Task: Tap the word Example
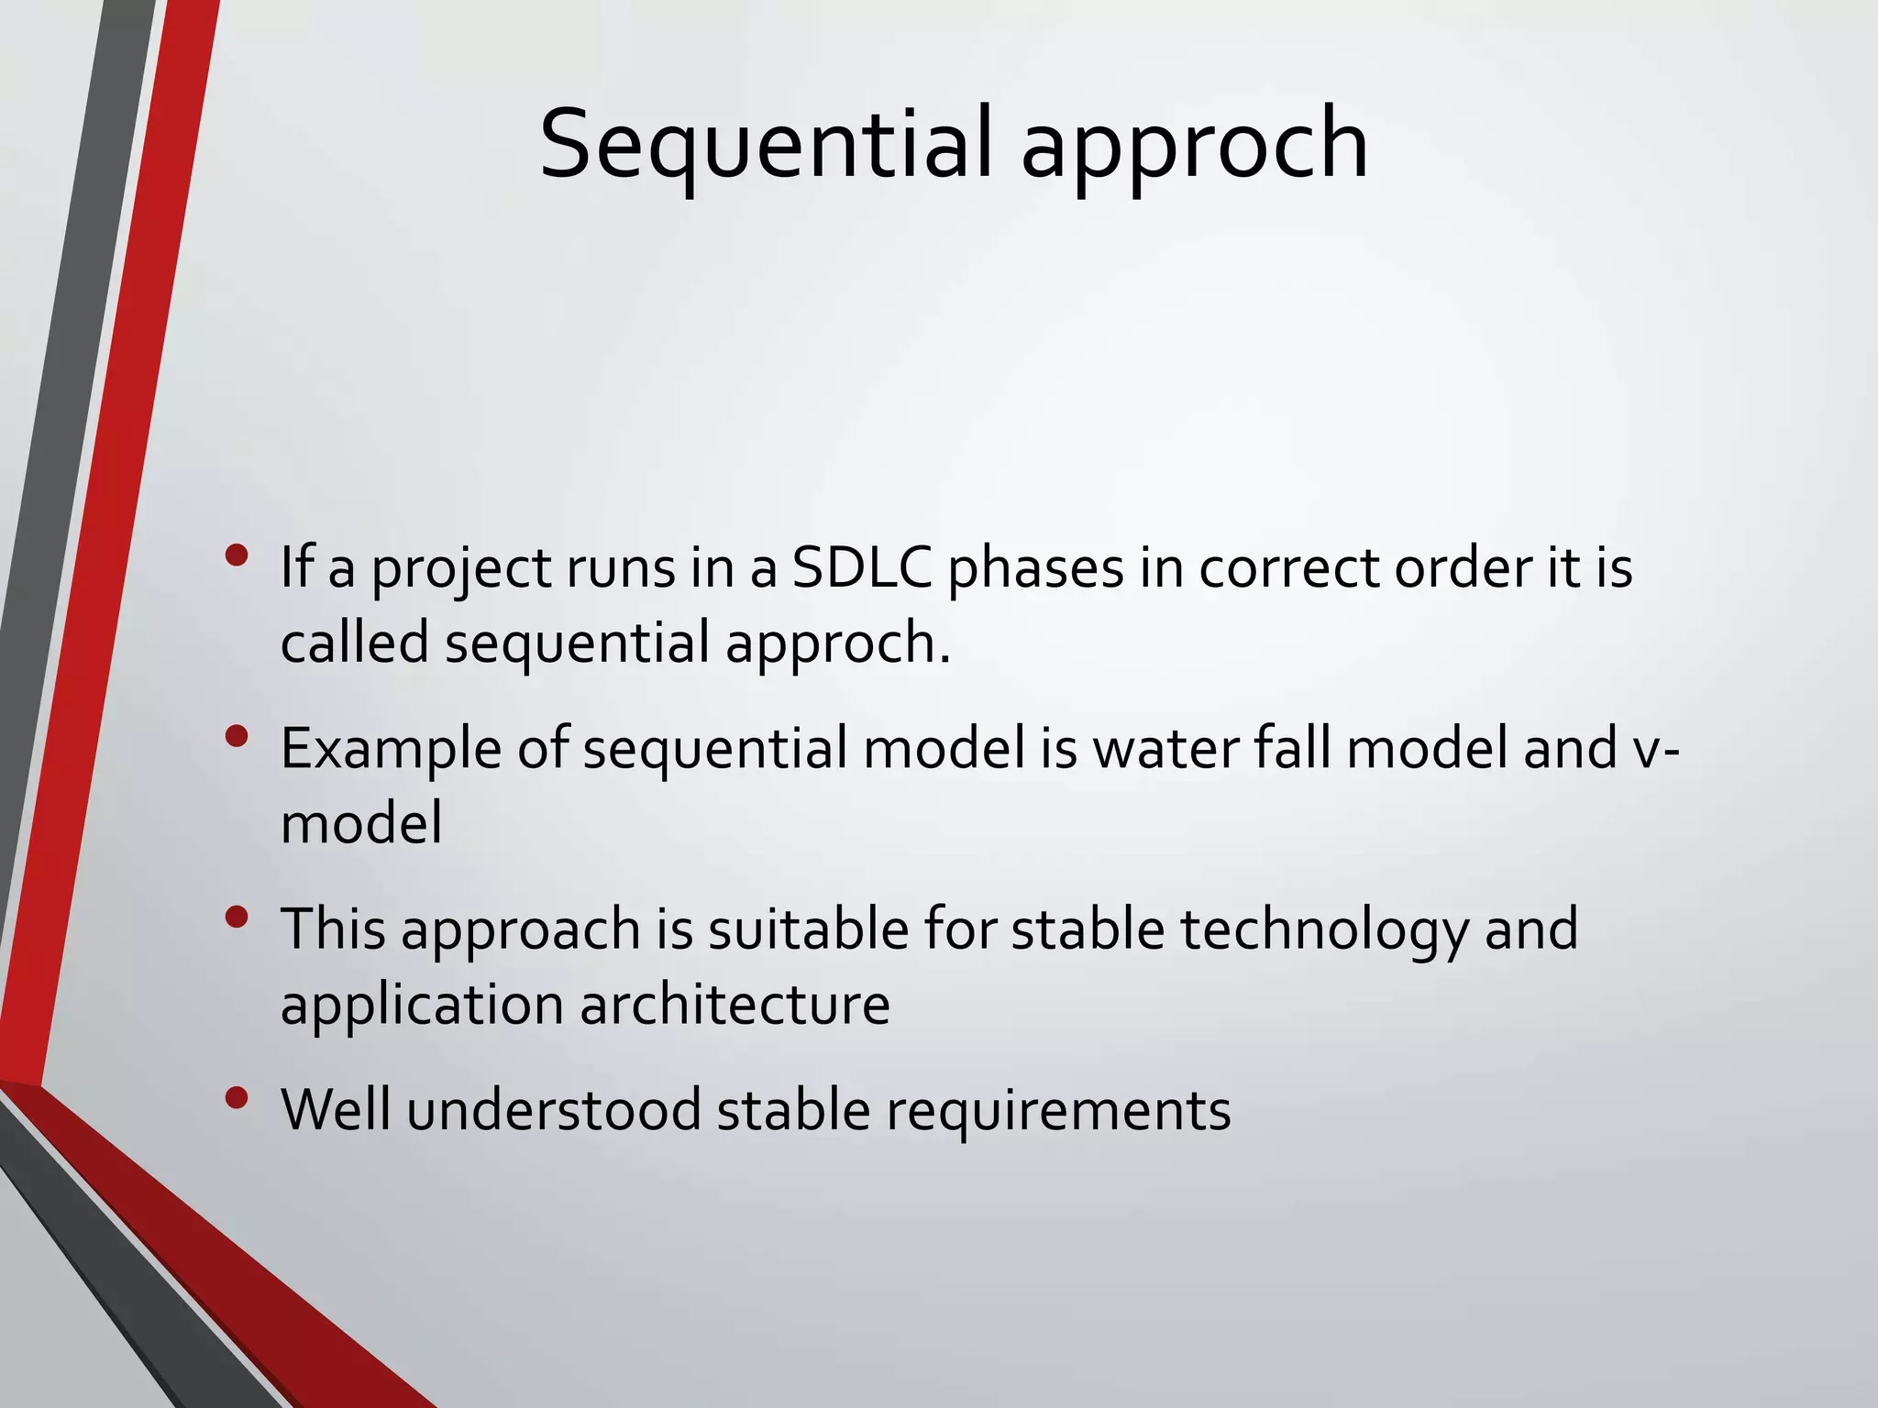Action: coord(391,750)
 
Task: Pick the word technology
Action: coord(1324,930)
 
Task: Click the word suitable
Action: coord(807,929)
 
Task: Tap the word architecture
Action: coord(735,1005)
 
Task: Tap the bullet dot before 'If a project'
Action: coord(237,555)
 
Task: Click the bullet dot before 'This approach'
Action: coord(237,918)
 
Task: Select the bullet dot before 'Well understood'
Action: coord(237,1097)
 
